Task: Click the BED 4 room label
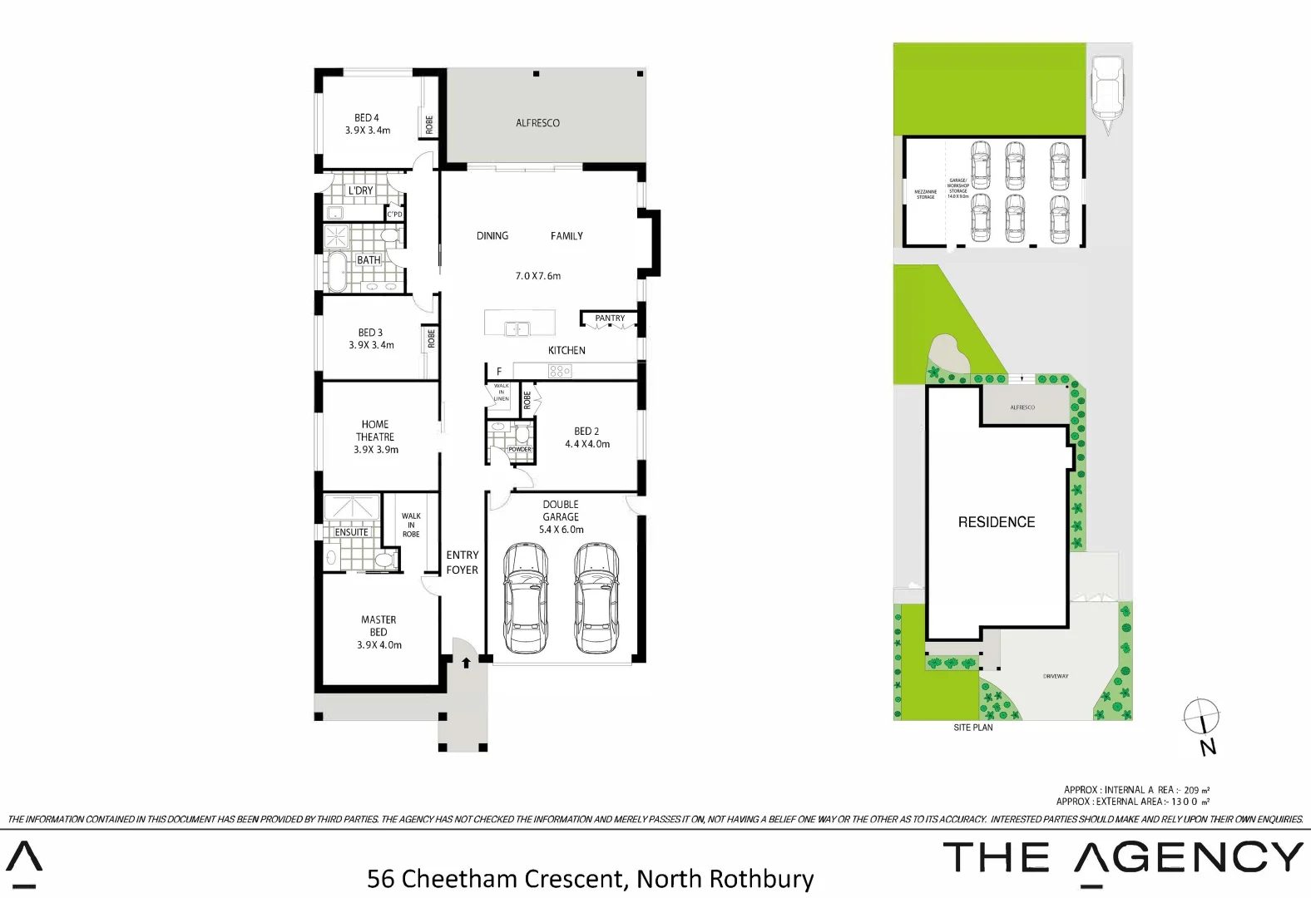tap(367, 118)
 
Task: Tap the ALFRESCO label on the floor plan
tap(537, 123)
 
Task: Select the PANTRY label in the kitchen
tap(610, 318)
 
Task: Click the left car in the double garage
tap(526, 597)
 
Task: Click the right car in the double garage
tap(596, 597)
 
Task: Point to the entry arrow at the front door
tap(466, 663)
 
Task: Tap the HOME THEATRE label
tap(375, 431)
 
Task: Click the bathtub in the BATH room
tap(337, 274)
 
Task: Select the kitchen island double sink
tap(517, 329)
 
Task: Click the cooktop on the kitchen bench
tap(560, 372)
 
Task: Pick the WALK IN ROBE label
tap(411, 525)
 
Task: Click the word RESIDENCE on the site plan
tap(997, 522)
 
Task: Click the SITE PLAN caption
tap(972, 728)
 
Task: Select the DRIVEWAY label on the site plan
tap(1056, 676)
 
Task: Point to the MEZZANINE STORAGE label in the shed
tap(926, 195)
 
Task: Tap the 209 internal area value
tap(1190, 790)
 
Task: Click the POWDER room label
tap(520, 449)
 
